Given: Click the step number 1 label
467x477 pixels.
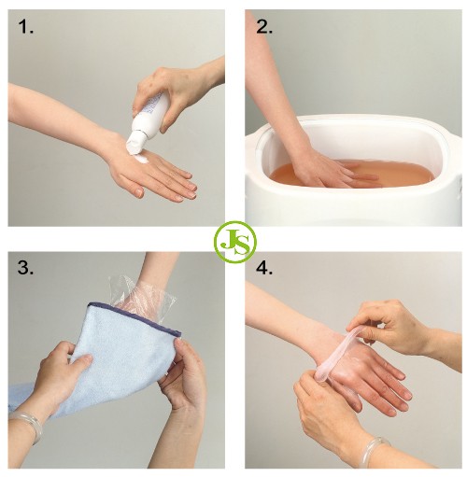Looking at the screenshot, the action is coord(26,26).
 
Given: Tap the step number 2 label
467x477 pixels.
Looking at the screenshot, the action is coord(264,26).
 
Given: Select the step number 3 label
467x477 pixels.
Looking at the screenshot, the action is coord(25,267).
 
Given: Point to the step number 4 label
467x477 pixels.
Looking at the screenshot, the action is coord(264,267).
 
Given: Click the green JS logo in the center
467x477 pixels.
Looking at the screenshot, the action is coord(235,242).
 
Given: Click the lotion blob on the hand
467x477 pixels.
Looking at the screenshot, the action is coord(140,159).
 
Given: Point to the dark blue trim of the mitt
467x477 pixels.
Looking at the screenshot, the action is coord(134,316).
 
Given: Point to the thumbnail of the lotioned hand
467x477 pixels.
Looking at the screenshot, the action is coord(139,193).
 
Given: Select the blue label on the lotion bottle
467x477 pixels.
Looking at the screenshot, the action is coord(152,107).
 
